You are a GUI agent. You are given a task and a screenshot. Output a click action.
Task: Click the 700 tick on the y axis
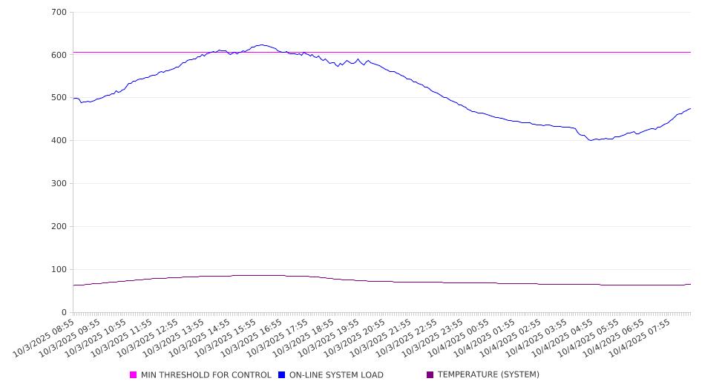click(59, 13)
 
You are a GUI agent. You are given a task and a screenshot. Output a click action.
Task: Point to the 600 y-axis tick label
click(59, 55)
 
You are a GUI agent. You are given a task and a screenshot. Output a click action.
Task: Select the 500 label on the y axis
click(59, 98)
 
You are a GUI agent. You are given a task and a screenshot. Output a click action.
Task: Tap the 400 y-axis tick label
click(59, 141)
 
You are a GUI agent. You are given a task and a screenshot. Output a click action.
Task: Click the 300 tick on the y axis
click(59, 184)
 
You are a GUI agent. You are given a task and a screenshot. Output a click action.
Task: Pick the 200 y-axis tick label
click(59, 227)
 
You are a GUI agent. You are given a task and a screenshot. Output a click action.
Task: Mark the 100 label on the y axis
click(59, 270)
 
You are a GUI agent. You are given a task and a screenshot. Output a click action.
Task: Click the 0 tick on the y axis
click(65, 313)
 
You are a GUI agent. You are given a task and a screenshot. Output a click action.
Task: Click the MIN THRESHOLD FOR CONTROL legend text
click(206, 375)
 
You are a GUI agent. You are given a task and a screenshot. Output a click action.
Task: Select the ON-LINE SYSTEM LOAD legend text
click(336, 375)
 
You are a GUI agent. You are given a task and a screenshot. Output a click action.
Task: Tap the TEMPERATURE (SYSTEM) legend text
click(488, 375)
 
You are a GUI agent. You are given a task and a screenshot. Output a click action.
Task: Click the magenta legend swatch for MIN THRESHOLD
click(134, 375)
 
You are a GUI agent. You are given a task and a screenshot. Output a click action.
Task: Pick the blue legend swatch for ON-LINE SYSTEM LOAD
click(282, 375)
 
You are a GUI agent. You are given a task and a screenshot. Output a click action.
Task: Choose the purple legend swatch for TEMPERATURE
click(430, 375)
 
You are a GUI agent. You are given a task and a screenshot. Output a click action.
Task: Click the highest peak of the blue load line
click(262, 44)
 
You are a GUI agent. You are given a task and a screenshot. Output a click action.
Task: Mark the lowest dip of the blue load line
click(591, 140)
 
